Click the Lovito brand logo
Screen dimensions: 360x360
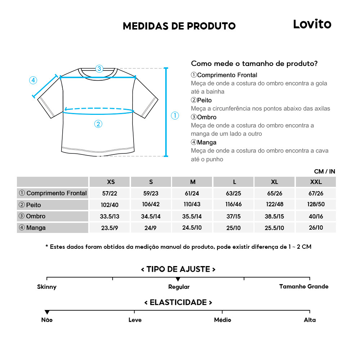point(312,24)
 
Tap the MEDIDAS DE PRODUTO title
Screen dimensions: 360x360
point(179,26)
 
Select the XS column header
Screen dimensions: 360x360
point(111,182)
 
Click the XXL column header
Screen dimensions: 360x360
point(316,182)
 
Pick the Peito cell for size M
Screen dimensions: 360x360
point(193,205)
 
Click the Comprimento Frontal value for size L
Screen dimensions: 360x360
point(234,193)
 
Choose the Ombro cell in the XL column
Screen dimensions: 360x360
point(275,216)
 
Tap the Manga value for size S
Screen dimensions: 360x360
point(151,228)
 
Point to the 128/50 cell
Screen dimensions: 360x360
point(316,205)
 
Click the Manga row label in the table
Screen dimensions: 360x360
point(53,228)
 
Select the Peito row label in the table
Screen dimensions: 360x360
point(53,205)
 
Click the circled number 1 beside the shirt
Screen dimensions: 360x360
point(175,116)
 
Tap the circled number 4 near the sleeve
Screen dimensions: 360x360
point(33,80)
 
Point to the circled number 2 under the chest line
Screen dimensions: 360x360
point(98,124)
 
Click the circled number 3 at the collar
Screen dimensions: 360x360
point(99,68)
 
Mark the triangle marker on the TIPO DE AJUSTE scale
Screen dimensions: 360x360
point(178,279)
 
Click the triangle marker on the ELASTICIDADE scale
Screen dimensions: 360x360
point(47,312)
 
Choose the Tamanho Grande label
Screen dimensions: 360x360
point(304,287)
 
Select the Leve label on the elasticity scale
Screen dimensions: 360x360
point(135,320)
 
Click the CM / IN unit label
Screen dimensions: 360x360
point(324,171)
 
